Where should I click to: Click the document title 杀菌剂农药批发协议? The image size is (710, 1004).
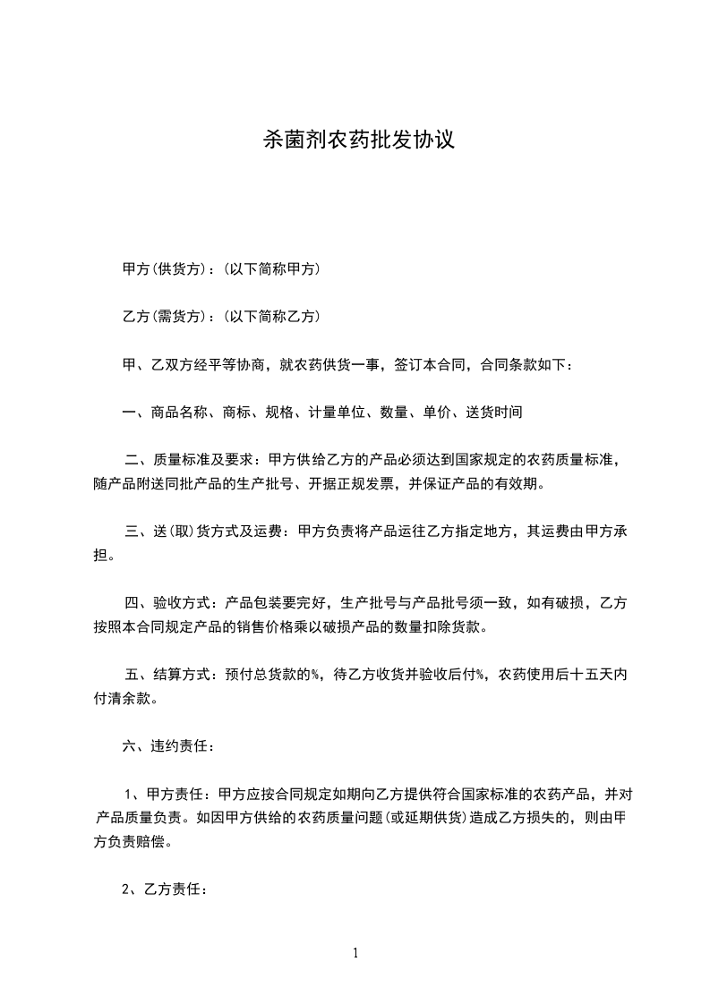click(x=355, y=140)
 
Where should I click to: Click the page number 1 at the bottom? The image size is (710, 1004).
click(x=355, y=953)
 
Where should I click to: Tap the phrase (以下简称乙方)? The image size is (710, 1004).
click(x=269, y=317)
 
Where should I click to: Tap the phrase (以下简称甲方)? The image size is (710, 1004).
click(x=269, y=269)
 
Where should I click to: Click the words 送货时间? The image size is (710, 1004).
click(x=492, y=413)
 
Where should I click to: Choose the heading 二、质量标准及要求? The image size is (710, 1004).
click(x=191, y=461)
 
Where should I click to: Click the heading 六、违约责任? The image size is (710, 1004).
click(x=167, y=746)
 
